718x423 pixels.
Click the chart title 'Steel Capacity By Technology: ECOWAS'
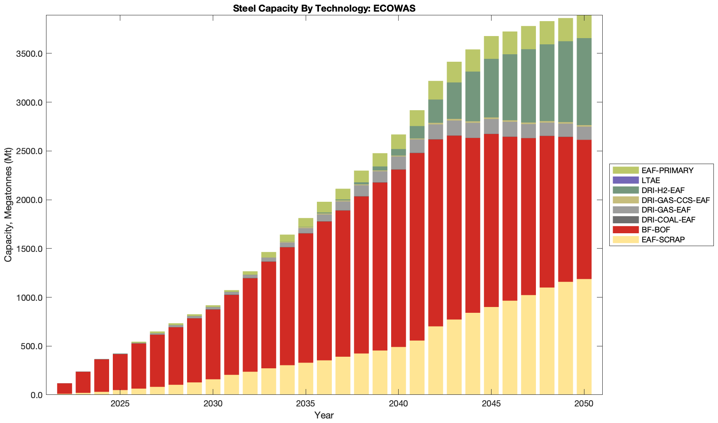[x=324, y=8]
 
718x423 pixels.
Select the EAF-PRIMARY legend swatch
[x=626, y=170]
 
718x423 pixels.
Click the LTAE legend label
[x=650, y=180]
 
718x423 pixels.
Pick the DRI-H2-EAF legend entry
[x=662, y=190]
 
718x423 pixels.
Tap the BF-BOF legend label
[x=655, y=230]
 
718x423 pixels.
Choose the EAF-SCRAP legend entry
[x=663, y=239]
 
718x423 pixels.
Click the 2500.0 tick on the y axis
[x=31, y=151]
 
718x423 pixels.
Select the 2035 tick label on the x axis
[x=306, y=404]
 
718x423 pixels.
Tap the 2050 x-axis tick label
[x=584, y=404]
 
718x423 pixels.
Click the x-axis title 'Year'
[x=324, y=415]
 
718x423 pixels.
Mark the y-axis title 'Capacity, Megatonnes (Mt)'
[x=8, y=205]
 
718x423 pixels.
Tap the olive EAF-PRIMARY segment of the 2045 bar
[x=492, y=47]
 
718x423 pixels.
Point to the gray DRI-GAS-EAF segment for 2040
[x=398, y=163]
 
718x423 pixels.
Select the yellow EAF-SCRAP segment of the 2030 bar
[x=213, y=387]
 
